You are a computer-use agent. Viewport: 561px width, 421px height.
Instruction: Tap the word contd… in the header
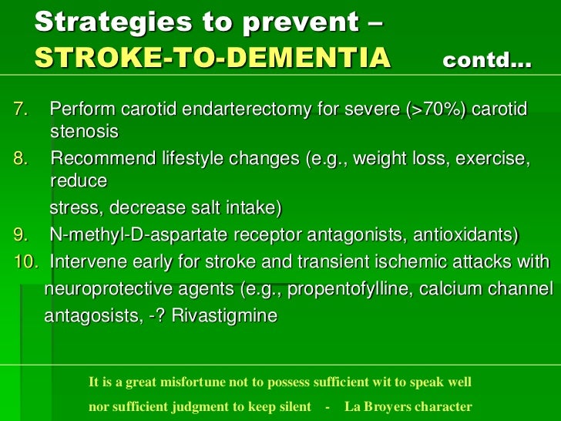487,60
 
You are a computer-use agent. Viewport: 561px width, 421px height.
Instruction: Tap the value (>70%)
436,109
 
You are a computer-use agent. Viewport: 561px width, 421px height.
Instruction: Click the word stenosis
84,132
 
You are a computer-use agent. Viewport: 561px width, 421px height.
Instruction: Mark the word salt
206,207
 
